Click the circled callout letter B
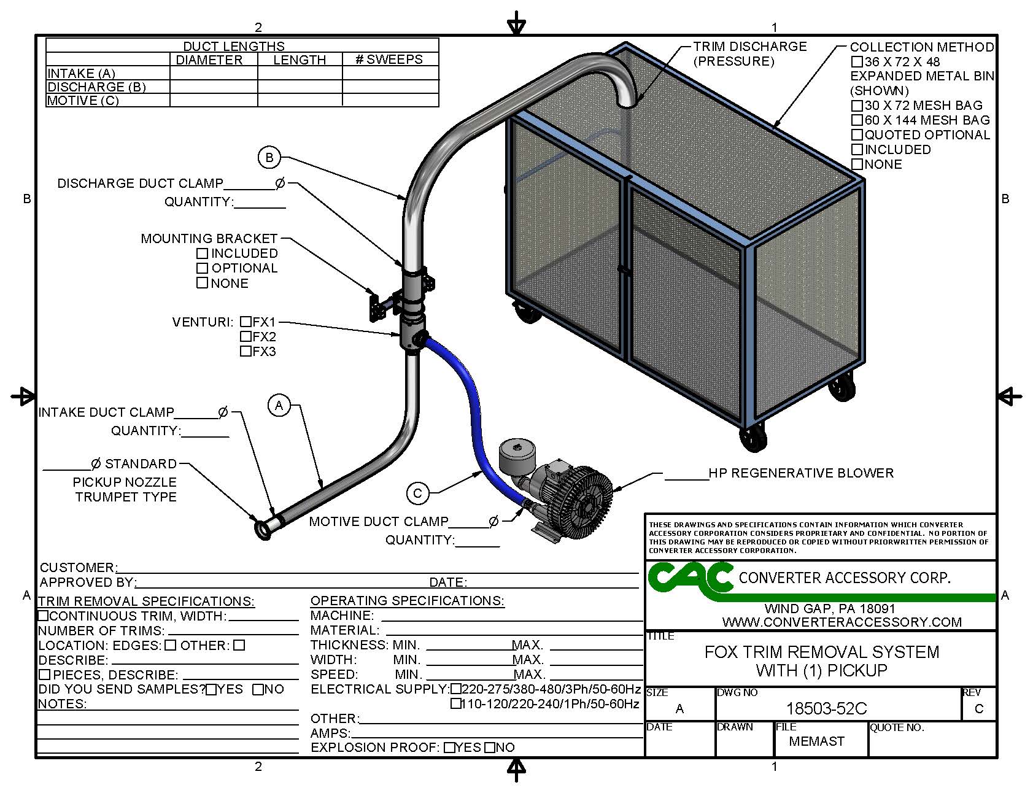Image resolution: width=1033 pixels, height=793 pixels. coord(269,158)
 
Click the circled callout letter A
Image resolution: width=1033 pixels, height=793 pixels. coord(279,405)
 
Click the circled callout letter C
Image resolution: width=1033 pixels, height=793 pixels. coord(417,493)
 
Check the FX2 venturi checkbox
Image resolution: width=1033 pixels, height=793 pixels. coord(246,336)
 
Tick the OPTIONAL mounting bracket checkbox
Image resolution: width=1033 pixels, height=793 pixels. coord(202,268)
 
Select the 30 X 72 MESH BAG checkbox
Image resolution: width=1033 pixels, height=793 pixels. coord(857,106)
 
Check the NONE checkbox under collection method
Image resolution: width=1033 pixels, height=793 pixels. coord(857,164)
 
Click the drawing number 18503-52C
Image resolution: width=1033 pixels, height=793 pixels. coord(826,709)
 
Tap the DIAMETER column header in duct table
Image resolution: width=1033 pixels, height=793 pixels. coord(209,60)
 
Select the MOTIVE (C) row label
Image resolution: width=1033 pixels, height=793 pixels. coord(83,101)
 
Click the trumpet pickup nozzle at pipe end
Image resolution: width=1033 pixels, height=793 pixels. coord(263,529)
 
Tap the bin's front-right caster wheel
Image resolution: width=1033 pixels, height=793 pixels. coord(752,438)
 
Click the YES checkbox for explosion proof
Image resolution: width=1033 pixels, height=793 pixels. coord(449,748)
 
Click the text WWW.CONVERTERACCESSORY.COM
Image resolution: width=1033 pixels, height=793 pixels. coord(841,622)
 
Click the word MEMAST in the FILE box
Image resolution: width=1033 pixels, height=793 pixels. coord(816,741)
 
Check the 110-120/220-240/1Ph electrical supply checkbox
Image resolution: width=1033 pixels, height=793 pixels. coord(455,704)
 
